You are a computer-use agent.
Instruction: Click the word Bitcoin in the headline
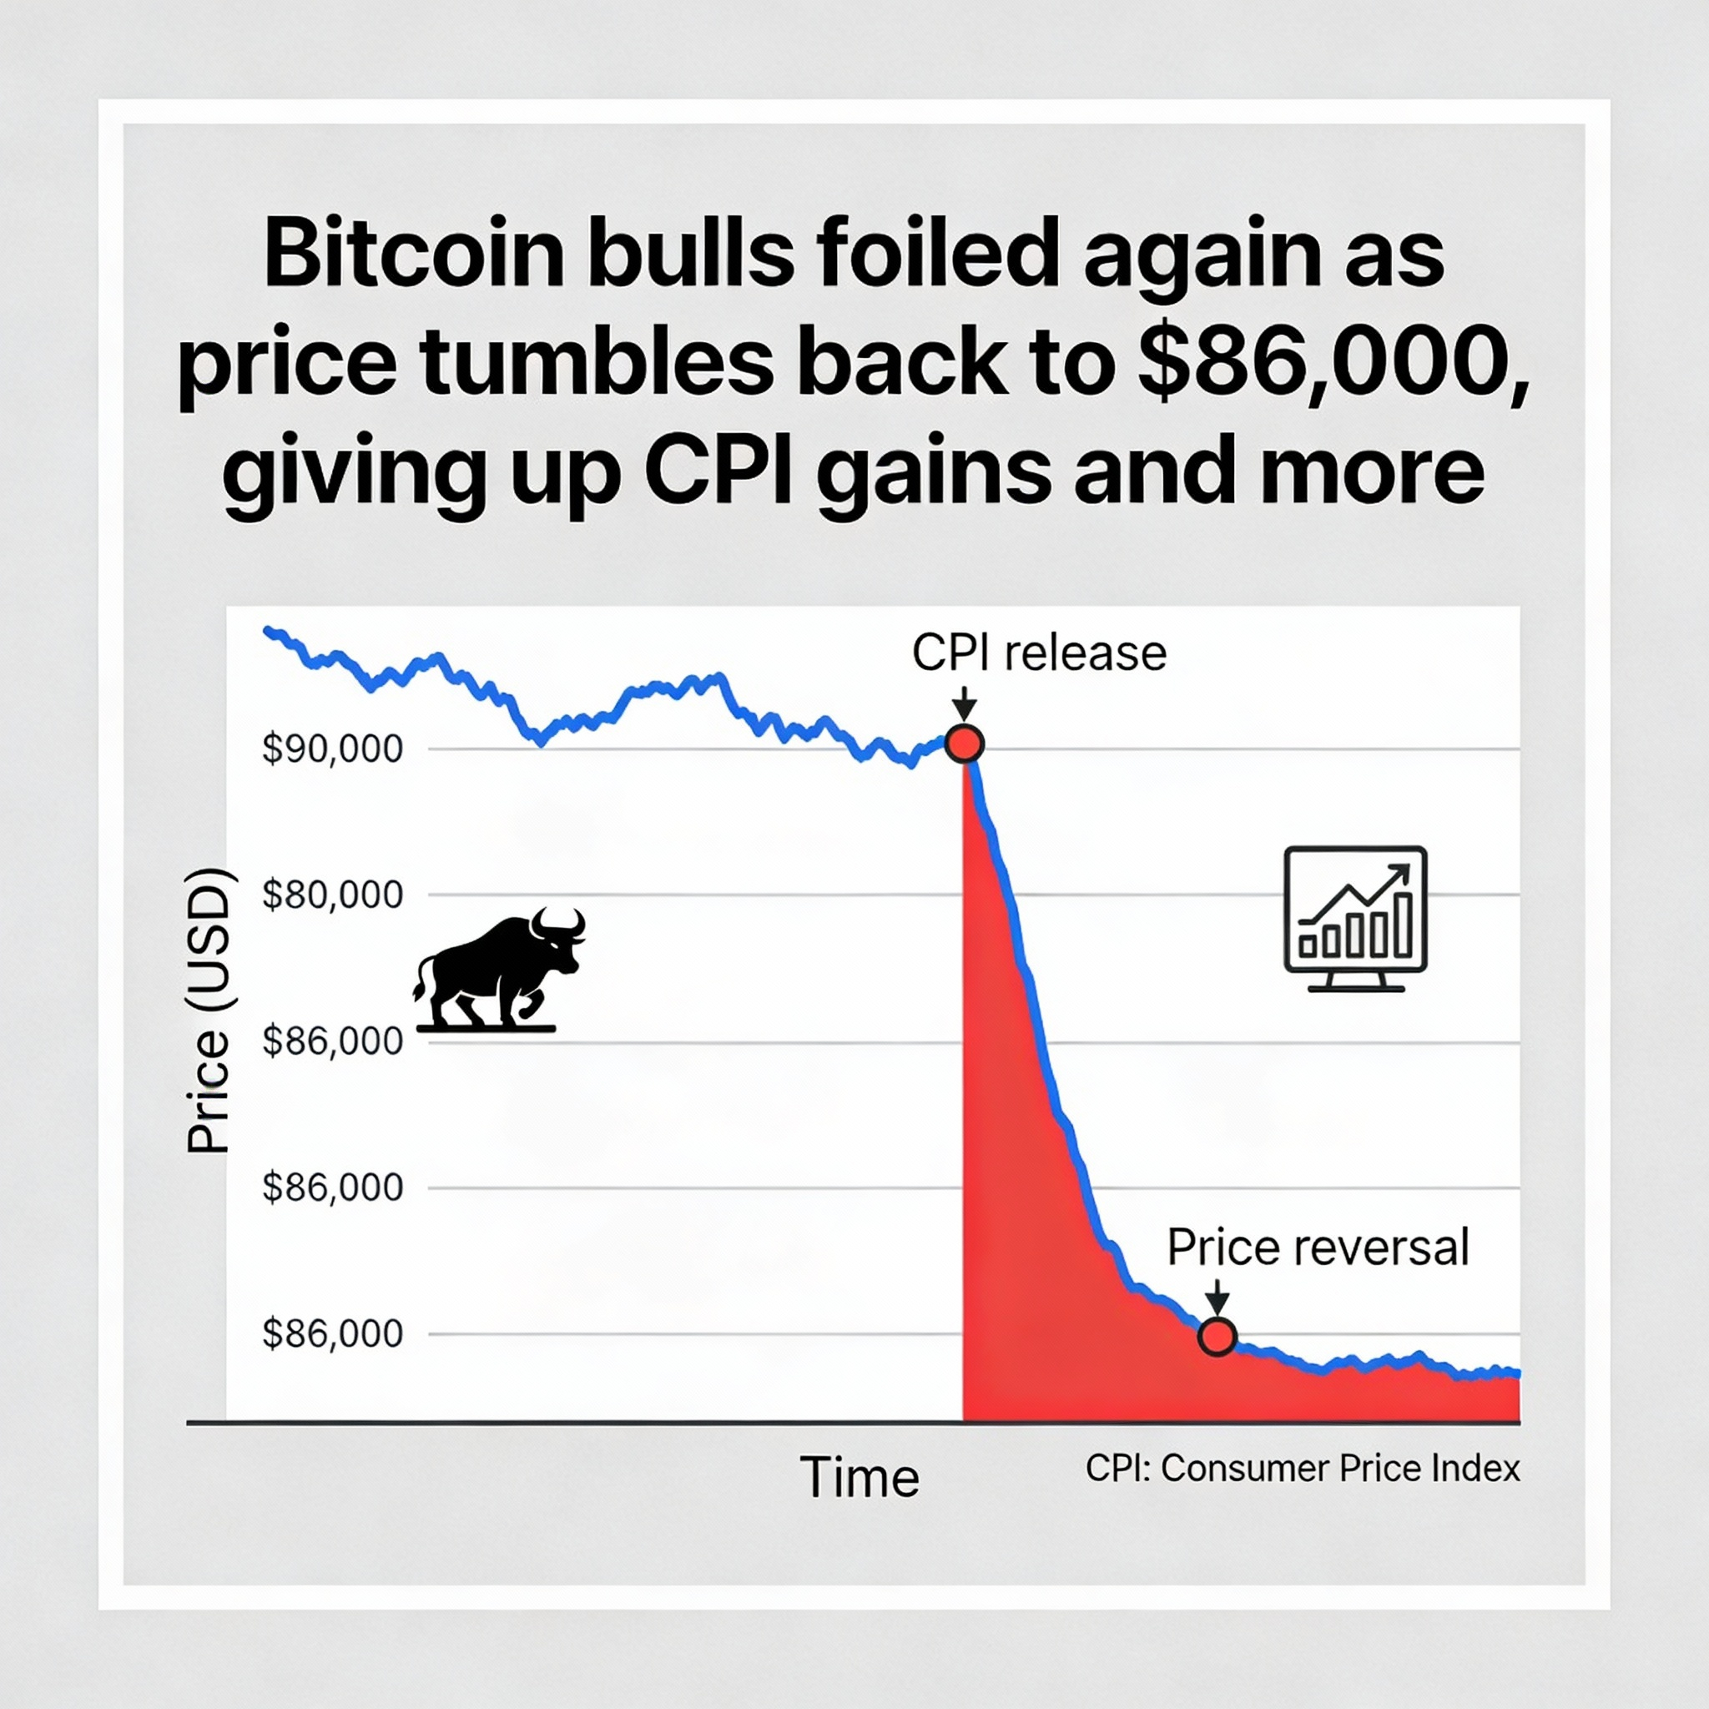coord(414,254)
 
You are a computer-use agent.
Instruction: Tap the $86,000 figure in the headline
coord(1331,362)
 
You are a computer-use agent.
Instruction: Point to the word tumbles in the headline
coord(597,362)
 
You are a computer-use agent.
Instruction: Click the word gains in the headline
coord(934,471)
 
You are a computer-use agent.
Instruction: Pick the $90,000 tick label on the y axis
coord(333,749)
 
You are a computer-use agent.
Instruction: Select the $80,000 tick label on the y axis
coord(333,895)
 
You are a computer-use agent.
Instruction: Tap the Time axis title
coord(859,1477)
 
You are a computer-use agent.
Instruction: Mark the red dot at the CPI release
coord(964,743)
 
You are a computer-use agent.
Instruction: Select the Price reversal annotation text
coord(1317,1248)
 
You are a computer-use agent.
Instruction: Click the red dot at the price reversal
coord(1217,1337)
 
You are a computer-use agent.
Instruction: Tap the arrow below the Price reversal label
coord(1218,1298)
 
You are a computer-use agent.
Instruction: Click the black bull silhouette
coord(497,973)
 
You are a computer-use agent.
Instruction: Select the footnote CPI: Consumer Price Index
coord(1302,1469)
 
